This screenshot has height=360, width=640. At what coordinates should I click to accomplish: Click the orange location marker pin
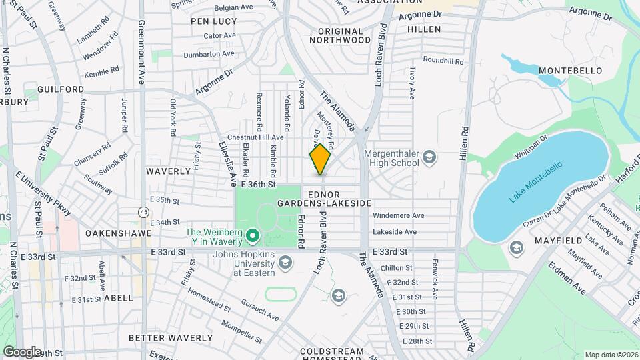pyautogui.click(x=320, y=159)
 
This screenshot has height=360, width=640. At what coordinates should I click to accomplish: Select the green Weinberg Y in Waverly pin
pyautogui.click(x=253, y=235)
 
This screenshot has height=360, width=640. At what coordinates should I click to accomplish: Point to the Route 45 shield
pyautogui.click(x=144, y=211)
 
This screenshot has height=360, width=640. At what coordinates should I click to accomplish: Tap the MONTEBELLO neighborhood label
pyautogui.click(x=570, y=71)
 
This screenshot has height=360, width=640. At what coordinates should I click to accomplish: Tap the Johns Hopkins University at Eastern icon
pyautogui.click(x=285, y=263)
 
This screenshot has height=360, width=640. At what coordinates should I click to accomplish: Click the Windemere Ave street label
pyautogui.click(x=399, y=215)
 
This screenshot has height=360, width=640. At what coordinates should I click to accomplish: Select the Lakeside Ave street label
pyautogui.click(x=395, y=232)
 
